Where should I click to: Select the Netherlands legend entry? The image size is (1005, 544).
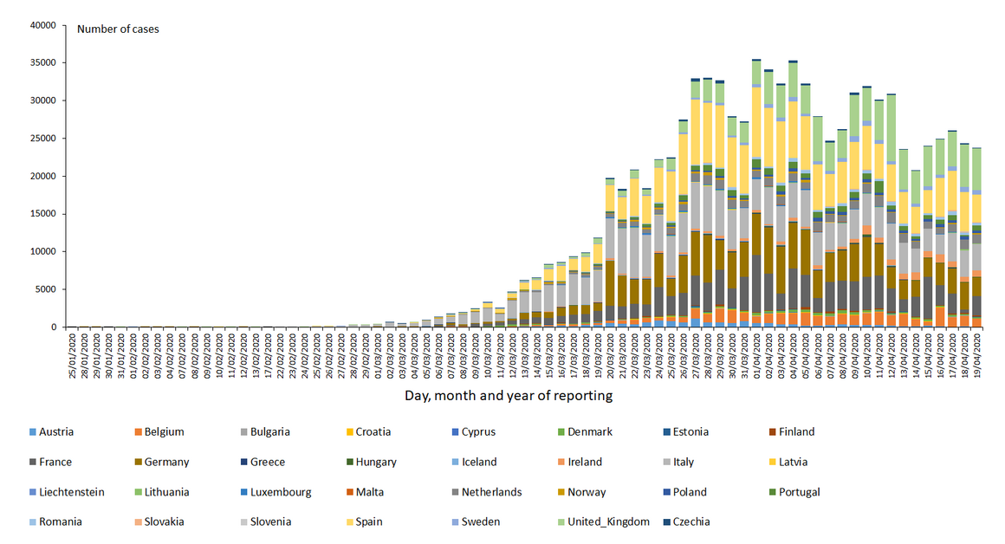pos(491,492)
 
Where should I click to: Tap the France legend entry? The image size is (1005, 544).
pos(56,462)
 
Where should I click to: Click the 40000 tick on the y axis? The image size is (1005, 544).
pos(42,25)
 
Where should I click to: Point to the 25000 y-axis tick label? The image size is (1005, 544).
pos(42,139)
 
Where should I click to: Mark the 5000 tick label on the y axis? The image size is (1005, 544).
pos(44,289)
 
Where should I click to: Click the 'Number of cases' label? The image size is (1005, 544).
pos(118,29)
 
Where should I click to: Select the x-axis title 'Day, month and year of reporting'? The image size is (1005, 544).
pos(509,396)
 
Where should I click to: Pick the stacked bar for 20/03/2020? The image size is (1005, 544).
pos(610,252)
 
